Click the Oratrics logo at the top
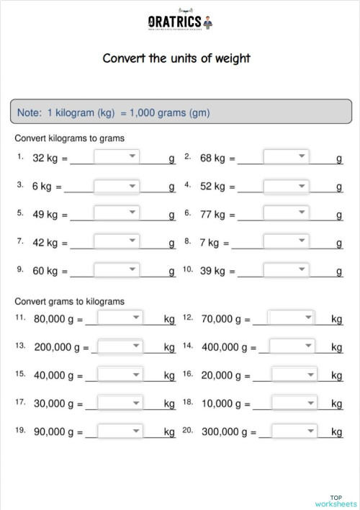point(176,22)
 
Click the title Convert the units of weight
point(176,58)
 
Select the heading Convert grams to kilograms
point(70,301)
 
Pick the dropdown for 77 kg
point(286,214)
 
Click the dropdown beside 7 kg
point(286,242)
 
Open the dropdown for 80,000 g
point(120,318)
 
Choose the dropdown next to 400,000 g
point(292,346)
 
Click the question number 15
point(20,374)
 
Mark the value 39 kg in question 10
point(213,271)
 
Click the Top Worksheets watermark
point(336,501)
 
